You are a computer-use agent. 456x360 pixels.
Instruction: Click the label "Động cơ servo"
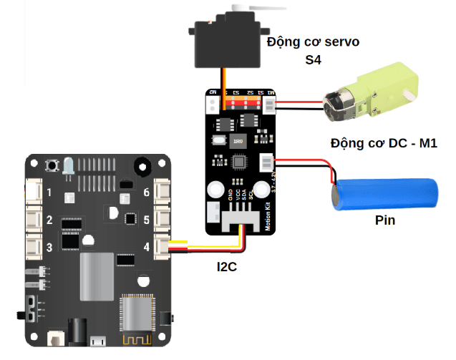313,42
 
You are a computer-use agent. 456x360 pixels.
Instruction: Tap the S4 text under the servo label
312,62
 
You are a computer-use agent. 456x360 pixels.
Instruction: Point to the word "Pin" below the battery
384,220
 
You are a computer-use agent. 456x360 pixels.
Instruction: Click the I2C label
228,267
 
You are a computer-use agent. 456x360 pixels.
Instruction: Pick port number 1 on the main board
49,193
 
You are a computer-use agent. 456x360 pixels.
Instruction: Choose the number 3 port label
49,248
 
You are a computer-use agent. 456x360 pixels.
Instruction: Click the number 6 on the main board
146,193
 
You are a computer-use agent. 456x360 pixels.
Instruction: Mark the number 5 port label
146,220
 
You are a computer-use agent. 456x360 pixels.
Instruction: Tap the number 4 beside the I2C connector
146,248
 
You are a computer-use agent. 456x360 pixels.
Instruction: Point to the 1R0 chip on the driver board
238,141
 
